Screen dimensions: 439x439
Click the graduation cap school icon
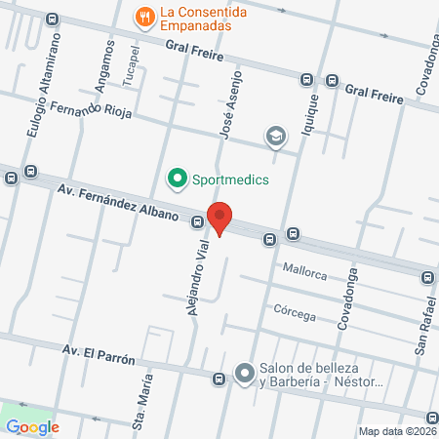(276, 138)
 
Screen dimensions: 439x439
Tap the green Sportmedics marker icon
(177, 179)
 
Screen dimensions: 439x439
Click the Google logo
(32, 426)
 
